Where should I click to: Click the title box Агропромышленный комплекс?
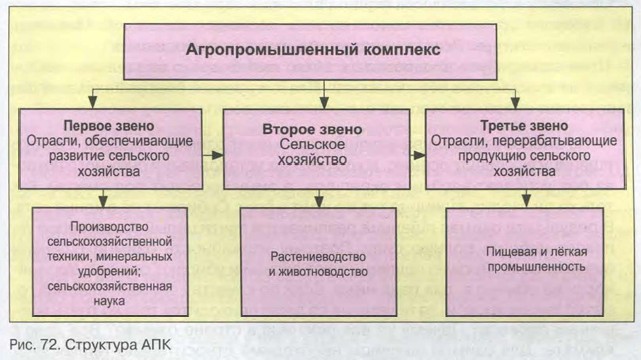click(x=325, y=49)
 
